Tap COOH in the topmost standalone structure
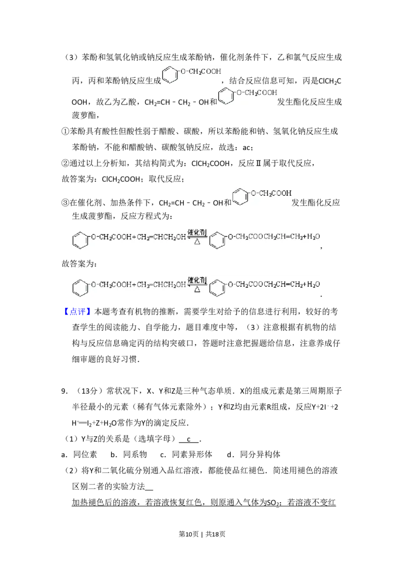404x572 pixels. click(x=211, y=71)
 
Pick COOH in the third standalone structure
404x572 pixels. click(x=283, y=193)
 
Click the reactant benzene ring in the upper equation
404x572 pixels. click(x=80, y=239)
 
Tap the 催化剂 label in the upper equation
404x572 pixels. click(x=197, y=232)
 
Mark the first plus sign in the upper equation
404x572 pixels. click(x=134, y=236)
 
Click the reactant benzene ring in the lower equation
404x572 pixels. click(x=80, y=288)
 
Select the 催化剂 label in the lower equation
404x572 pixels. click(x=197, y=280)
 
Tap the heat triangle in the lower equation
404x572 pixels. click(x=197, y=290)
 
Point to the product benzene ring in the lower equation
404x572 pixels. click(x=218, y=288)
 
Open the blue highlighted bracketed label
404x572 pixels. click(x=78, y=311)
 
